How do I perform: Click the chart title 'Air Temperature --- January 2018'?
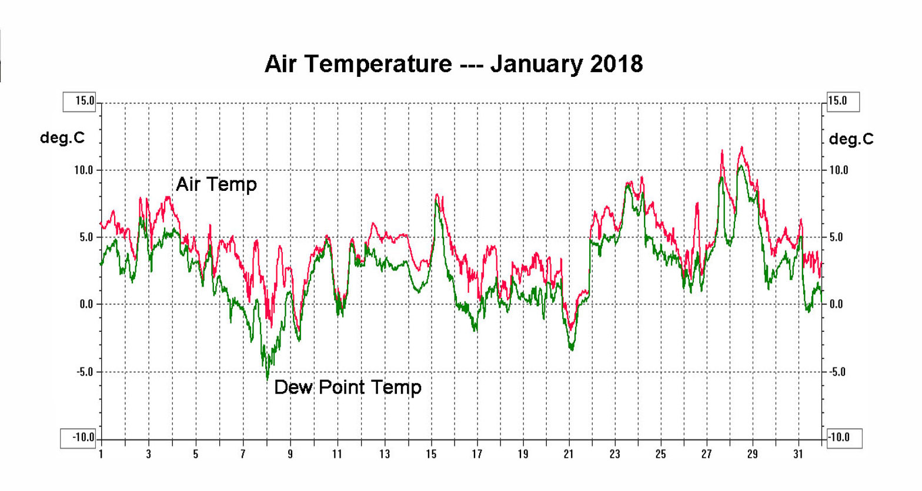click(x=453, y=63)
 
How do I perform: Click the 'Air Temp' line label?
click(x=216, y=184)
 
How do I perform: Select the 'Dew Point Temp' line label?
click(x=348, y=387)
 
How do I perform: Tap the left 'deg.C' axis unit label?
click(x=62, y=138)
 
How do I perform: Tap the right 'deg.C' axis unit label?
click(x=851, y=139)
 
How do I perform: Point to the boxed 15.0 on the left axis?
click(x=79, y=101)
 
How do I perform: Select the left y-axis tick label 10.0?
click(x=84, y=170)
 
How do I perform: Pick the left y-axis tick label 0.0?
click(x=86, y=304)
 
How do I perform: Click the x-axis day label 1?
click(x=101, y=454)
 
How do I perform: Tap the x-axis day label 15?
click(x=431, y=454)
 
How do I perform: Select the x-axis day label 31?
click(x=798, y=454)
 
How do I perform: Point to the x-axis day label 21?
click(x=569, y=454)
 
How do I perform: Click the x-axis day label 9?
click(x=290, y=454)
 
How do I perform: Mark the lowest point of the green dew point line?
click(x=268, y=379)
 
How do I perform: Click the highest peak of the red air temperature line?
click(x=741, y=147)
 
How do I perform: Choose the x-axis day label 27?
click(x=706, y=454)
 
